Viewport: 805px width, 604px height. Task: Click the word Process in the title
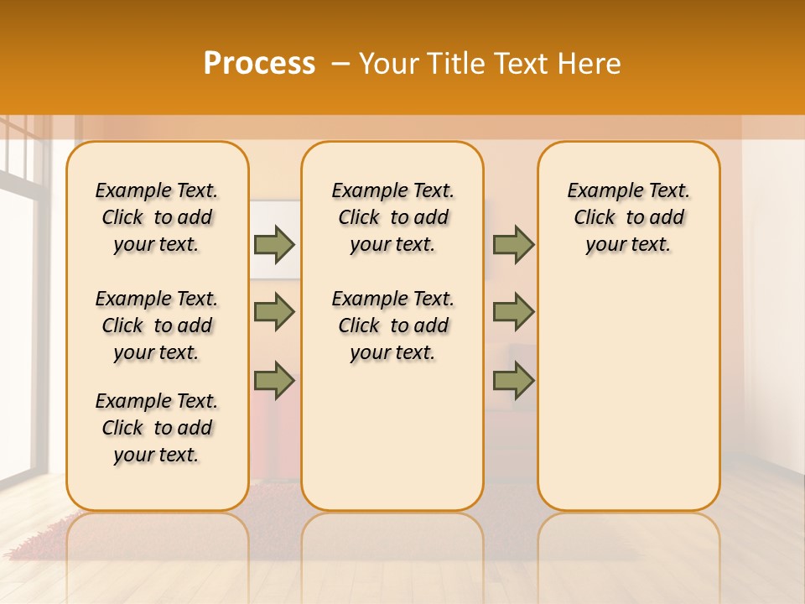click(x=259, y=63)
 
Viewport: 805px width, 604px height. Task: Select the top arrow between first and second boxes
click(x=274, y=244)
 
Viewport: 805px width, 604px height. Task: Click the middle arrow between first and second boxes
click(x=274, y=312)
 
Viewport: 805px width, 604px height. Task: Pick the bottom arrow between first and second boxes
click(x=274, y=380)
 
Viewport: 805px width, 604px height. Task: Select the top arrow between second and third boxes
click(x=513, y=244)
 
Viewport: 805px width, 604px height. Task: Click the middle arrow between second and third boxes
click(x=513, y=312)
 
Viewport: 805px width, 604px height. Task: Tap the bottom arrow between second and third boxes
click(x=513, y=380)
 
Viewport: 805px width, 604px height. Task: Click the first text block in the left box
click(x=157, y=217)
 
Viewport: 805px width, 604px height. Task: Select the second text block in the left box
click(x=157, y=325)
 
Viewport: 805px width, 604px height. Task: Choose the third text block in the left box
click(x=157, y=428)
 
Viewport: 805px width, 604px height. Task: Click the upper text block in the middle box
click(x=392, y=217)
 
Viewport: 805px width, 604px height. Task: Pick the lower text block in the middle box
click(x=392, y=325)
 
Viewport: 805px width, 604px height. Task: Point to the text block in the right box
click(x=628, y=217)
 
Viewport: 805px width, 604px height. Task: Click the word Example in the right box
click(x=599, y=191)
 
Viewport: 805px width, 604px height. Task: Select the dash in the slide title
click(x=340, y=65)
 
